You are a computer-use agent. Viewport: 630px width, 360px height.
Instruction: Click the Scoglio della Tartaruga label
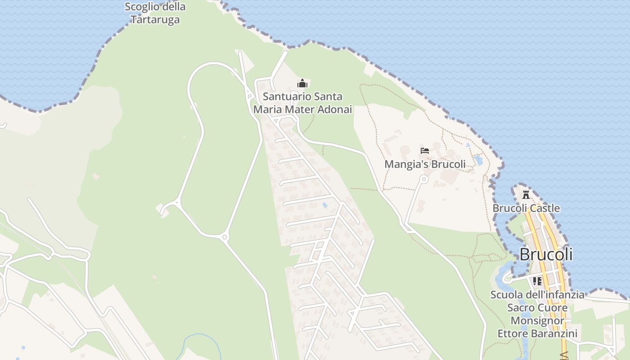click(x=155, y=13)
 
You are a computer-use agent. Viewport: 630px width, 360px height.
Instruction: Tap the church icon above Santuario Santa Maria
click(x=302, y=83)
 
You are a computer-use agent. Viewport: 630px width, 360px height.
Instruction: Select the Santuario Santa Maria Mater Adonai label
click(x=302, y=103)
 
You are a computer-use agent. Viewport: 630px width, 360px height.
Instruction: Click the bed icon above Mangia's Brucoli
click(x=424, y=151)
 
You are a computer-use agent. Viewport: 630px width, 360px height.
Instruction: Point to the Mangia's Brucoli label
click(x=425, y=164)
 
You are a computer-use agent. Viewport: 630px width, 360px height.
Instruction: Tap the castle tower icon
click(x=526, y=194)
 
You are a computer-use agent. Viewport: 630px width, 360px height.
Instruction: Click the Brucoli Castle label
click(x=526, y=208)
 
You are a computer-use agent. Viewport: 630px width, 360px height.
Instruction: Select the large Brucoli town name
click(x=546, y=254)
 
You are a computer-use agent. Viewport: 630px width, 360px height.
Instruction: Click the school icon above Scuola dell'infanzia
click(x=537, y=281)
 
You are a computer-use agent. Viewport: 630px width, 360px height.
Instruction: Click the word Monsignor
click(x=537, y=321)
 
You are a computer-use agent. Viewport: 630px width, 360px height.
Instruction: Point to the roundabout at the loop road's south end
click(x=225, y=237)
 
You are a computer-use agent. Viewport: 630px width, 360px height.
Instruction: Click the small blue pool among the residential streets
click(x=325, y=205)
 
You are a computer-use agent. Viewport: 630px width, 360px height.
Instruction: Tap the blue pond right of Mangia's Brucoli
click(x=478, y=160)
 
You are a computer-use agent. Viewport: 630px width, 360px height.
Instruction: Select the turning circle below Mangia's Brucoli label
click(x=423, y=179)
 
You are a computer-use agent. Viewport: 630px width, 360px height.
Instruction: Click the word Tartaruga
click(x=155, y=20)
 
